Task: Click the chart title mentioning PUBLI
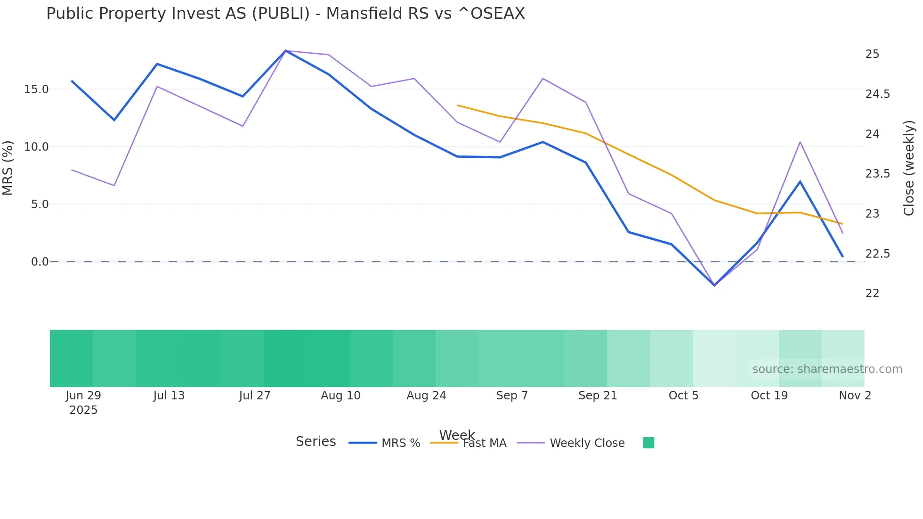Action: tap(285, 14)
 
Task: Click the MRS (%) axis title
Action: tap(8, 168)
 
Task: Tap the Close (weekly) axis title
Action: tap(909, 168)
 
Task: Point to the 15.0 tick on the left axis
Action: tap(36, 89)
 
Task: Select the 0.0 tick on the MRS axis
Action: tap(40, 262)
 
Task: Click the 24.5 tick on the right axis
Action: tap(877, 94)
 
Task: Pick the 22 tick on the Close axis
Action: tap(872, 293)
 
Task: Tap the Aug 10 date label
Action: tap(340, 396)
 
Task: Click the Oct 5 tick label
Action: tap(683, 396)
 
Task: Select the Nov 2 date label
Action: tap(855, 396)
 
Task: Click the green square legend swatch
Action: tap(648, 443)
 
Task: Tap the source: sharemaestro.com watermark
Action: tap(827, 369)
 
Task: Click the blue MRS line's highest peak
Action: tap(286, 51)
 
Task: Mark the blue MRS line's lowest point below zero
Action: tap(714, 285)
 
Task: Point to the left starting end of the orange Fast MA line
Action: tap(458, 105)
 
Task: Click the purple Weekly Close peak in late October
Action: tap(800, 142)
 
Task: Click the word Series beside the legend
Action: tap(316, 442)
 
